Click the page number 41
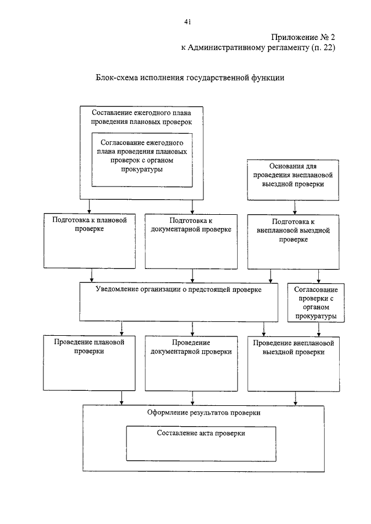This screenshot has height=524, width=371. (x=187, y=22)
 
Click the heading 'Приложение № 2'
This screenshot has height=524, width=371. (x=303, y=37)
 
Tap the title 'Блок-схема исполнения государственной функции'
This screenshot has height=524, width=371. (x=190, y=78)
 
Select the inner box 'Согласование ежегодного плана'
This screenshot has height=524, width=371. (x=142, y=160)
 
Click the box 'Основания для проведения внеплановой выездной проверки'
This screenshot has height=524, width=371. (x=293, y=180)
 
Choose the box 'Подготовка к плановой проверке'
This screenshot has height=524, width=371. (x=90, y=241)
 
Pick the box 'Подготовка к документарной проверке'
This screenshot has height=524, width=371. (x=191, y=241)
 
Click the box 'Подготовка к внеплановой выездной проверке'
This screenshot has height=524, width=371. (x=293, y=242)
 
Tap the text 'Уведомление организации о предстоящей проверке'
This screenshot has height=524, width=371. (x=179, y=290)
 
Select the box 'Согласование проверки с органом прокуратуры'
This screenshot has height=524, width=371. (x=316, y=303)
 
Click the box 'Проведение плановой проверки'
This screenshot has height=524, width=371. (x=89, y=363)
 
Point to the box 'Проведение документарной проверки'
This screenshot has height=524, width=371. (x=191, y=364)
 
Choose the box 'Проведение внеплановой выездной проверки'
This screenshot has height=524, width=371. (x=294, y=364)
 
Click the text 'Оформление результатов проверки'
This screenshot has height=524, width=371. (x=203, y=413)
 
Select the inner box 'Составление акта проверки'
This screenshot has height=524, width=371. (x=201, y=444)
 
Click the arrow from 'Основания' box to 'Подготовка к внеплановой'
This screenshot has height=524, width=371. (x=294, y=208)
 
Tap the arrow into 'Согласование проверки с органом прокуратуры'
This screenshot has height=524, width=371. (x=318, y=276)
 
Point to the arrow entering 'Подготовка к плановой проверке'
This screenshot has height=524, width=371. (x=89, y=207)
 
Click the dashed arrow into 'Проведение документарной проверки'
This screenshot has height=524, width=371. (x=192, y=329)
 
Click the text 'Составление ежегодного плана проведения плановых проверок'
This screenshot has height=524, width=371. (x=141, y=118)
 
